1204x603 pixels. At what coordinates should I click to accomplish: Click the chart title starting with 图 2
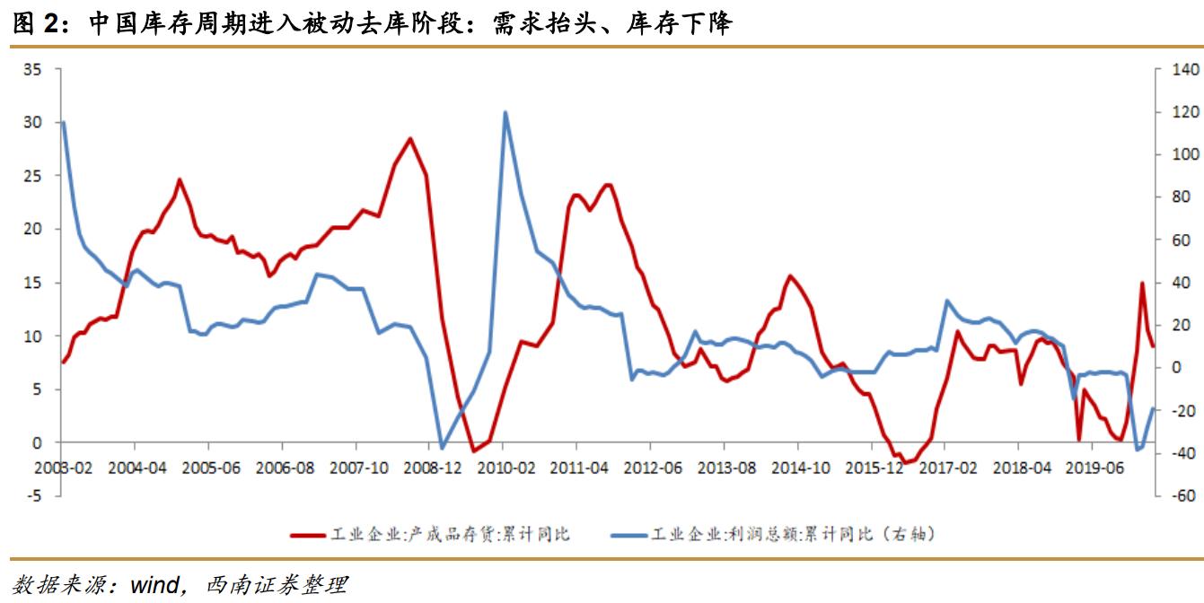click(373, 23)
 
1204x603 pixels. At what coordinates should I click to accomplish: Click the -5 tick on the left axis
click(33, 496)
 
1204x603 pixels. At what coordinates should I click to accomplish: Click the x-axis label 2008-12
click(432, 468)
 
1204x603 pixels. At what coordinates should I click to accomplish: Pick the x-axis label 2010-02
click(505, 468)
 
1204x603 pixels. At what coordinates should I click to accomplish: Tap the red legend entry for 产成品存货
click(430, 535)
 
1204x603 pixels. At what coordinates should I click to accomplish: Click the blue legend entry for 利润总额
click(773, 535)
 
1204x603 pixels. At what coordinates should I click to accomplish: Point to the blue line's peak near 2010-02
click(505, 112)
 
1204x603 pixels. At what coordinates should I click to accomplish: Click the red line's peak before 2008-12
click(410, 138)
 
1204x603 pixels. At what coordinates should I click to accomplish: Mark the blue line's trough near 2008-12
click(441, 448)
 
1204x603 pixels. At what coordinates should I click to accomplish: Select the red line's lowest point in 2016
click(906, 463)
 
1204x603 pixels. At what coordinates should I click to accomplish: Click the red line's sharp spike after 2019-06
click(1142, 283)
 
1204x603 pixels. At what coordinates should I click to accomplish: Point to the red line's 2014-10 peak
click(789, 275)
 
